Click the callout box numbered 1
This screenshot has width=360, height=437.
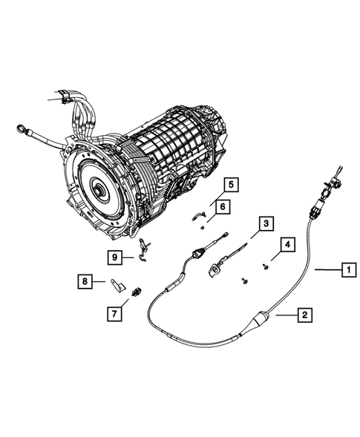[x=345, y=271]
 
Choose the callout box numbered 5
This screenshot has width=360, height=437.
[x=231, y=184]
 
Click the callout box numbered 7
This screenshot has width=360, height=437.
[x=114, y=314]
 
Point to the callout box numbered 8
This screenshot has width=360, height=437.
[x=85, y=281]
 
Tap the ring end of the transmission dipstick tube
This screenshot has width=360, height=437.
[x=16, y=131]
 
